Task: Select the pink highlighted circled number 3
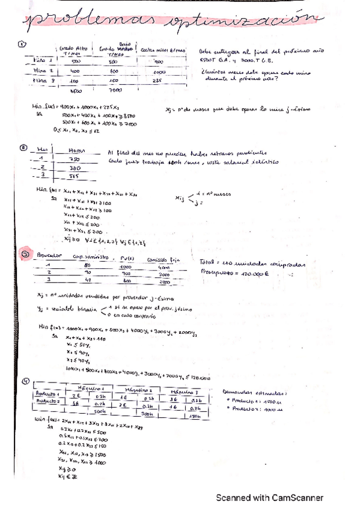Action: (x=25, y=254)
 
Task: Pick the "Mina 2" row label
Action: (x=40, y=70)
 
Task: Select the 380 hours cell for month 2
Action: (x=76, y=168)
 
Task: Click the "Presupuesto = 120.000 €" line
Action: (x=234, y=273)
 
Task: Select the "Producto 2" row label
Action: (x=46, y=401)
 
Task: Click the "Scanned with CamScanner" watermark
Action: (x=270, y=498)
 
